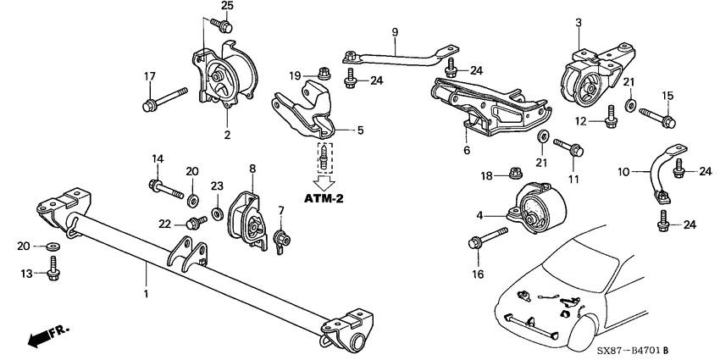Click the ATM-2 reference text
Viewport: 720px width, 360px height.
(329, 200)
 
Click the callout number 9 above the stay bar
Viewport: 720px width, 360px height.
(394, 33)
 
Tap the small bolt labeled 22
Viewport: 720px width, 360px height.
(198, 223)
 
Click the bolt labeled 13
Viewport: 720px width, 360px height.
(53, 273)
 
